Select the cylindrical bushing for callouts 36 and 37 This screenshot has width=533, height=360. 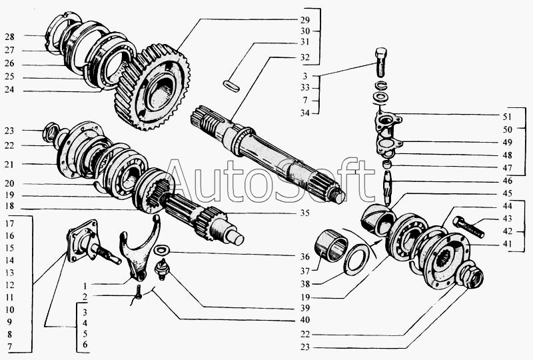pos(333,243)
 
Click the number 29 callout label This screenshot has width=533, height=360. pos(305,19)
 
